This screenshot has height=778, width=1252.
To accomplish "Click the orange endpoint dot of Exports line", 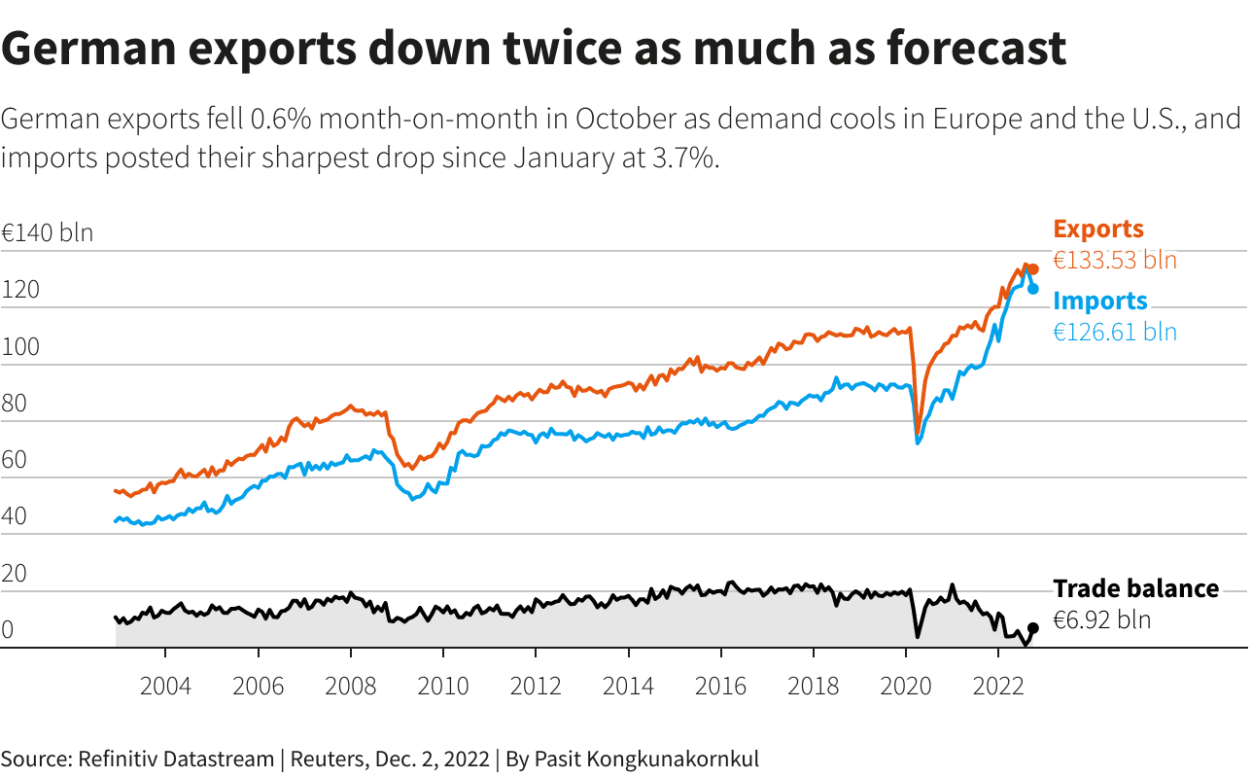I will tap(1033, 269).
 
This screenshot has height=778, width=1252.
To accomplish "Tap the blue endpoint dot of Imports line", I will tap(1033, 289).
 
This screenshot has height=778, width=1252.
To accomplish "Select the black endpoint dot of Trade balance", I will tap(1033, 628).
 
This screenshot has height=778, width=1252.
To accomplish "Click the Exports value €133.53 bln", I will tap(1115, 261).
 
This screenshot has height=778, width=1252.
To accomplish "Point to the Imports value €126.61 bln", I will tap(1115, 333).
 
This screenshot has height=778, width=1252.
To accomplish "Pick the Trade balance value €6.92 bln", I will tap(1101, 620).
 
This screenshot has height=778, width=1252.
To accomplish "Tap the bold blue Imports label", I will tap(1100, 301).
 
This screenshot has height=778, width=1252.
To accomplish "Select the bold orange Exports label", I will tap(1098, 230).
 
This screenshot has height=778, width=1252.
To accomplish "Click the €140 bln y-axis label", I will tap(47, 233).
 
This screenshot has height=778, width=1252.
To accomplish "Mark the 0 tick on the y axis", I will tap(8, 630).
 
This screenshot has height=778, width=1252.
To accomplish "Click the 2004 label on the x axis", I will tap(165, 687).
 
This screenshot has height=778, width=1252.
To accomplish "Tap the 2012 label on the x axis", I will tap(536, 687).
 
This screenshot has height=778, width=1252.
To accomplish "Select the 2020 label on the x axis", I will tap(906, 687).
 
